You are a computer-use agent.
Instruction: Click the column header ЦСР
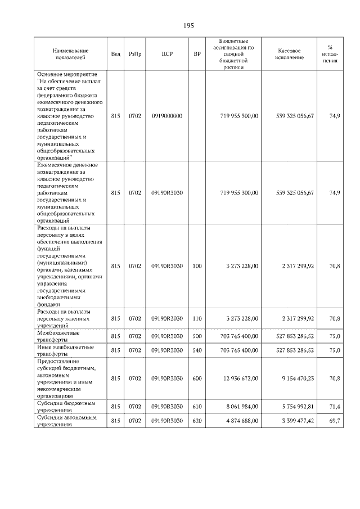click(x=166, y=54)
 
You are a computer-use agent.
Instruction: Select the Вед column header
click(x=115, y=54)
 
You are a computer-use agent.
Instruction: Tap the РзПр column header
click(x=135, y=54)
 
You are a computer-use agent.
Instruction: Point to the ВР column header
click(x=197, y=54)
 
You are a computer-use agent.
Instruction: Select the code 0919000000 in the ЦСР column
click(x=166, y=116)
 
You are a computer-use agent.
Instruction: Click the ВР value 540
click(x=197, y=350)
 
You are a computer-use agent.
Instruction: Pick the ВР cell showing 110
click(x=197, y=318)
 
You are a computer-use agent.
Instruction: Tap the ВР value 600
click(x=197, y=379)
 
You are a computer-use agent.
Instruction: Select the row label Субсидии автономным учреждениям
click(x=67, y=421)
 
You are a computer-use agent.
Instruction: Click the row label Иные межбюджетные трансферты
click(x=65, y=350)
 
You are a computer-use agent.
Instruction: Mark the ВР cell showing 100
click(x=197, y=265)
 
